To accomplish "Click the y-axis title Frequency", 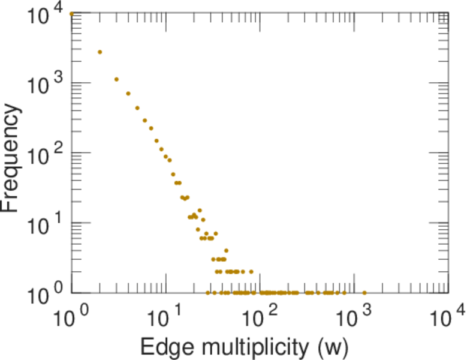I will coord(13,157).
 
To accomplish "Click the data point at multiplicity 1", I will coord(72,14).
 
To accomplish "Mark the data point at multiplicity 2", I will coord(100,52).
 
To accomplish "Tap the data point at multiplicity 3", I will coord(117,79).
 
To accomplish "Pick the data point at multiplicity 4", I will coord(128,94).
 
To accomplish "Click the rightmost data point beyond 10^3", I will coord(364,293).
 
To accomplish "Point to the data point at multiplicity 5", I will coord(137,108).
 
